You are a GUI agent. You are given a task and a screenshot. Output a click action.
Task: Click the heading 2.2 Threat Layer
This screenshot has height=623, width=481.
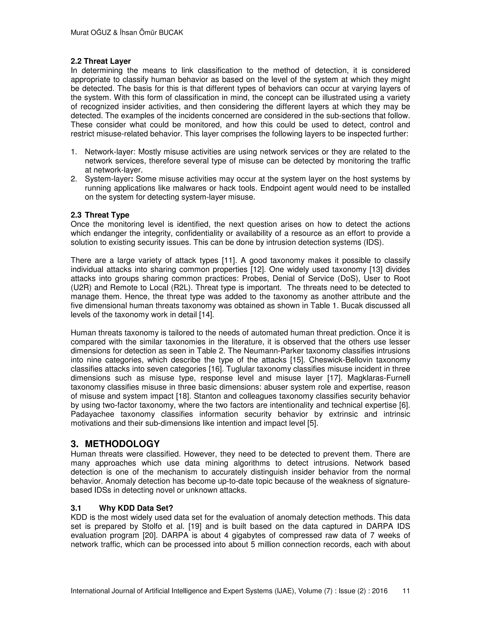[101, 61]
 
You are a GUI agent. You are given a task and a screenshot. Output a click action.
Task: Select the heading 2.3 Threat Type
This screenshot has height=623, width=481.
[100, 215]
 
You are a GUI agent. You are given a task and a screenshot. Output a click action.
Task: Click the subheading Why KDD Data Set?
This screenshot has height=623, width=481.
[136, 508]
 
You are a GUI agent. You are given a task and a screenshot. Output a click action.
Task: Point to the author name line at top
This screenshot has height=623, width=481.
[127, 33]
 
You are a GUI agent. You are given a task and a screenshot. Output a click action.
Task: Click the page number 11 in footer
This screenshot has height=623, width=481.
[406, 591]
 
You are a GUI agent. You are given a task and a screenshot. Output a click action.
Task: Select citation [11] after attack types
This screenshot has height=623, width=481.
[228, 260]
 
